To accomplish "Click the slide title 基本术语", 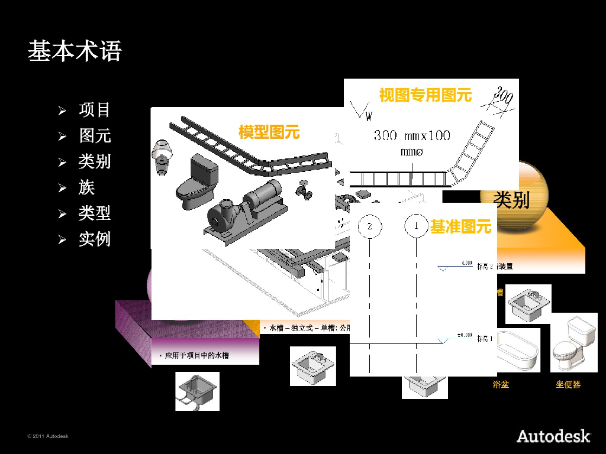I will click(x=75, y=51).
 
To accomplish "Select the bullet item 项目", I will click(x=94, y=110).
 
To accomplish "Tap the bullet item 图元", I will click(x=95, y=136).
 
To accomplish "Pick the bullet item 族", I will click(x=86, y=188).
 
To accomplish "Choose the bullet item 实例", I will click(x=94, y=239).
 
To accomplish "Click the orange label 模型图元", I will click(x=269, y=132).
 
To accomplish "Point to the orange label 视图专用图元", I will click(x=425, y=95).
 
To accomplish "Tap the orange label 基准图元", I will click(x=460, y=227).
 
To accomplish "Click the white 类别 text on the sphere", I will click(x=511, y=200).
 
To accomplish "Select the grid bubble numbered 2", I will click(x=370, y=226).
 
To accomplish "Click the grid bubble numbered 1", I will click(x=417, y=226).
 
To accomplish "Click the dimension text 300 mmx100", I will click(x=412, y=135).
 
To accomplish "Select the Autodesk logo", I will click(x=553, y=436).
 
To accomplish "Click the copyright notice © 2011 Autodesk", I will click(x=48, y=436).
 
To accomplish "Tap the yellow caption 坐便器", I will click(x=568, y=385).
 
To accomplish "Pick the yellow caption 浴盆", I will click(x=501, y=385).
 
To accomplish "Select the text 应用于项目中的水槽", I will click(x=196, y=355).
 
